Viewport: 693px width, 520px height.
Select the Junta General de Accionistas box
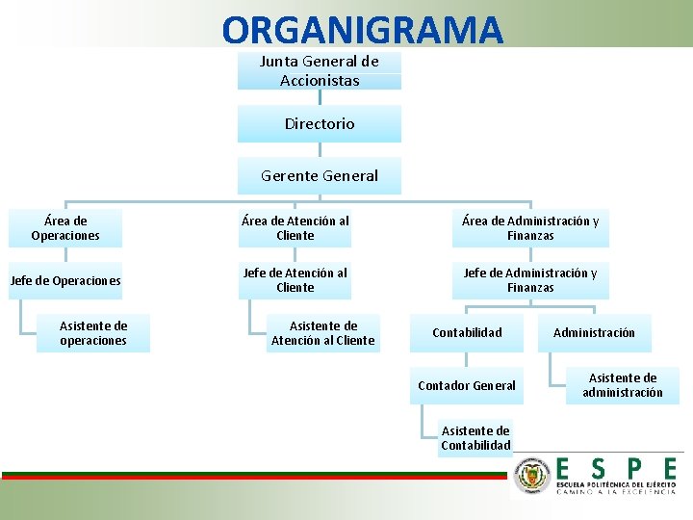(x=320, y=70)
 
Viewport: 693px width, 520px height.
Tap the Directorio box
(x=320, y=124)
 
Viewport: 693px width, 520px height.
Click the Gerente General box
(x=320, y=176)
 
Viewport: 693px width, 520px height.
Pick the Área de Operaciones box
(x=65, y=228)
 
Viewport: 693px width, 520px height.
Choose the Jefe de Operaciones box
(x=65, y=281)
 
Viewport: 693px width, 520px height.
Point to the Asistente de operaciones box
(x=93, y=333)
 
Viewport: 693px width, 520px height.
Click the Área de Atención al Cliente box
(x=295, y=228)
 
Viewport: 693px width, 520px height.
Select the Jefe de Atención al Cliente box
(x=295, y=280)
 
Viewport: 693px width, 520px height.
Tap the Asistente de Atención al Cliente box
(x=323, y=333)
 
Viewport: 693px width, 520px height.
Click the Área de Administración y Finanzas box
(x=530, y=228)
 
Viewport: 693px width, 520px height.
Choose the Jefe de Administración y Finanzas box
(x=530, y=280)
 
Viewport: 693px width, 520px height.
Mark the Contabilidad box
(x=467, y=333)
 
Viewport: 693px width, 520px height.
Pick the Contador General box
(x=467, y=386)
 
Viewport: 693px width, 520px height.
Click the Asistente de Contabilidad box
(x=475, y=438)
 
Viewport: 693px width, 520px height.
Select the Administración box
(x=594, y=333)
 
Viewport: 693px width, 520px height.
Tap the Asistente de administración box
(x=623, y=385)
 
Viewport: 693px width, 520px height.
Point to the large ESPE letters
(x=616, y=468)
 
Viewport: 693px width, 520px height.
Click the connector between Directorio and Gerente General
(x=320, y=150)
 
